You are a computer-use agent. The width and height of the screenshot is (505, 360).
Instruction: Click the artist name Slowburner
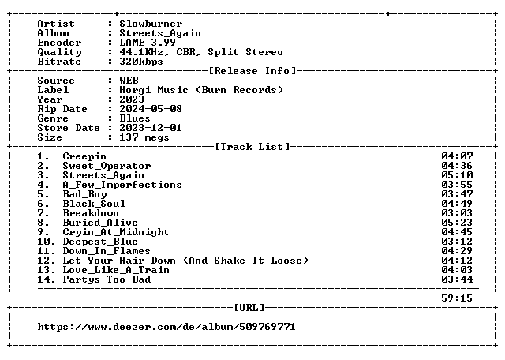point(151,24)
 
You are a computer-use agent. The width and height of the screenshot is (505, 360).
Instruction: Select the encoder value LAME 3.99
point(148,43)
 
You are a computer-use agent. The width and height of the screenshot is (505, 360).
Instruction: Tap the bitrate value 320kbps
point(141,62)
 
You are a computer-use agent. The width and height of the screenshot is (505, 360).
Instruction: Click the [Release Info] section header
point(252,71)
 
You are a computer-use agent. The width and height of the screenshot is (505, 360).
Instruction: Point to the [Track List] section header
point(252,147)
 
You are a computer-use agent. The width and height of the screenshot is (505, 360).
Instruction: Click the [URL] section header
point(249,308)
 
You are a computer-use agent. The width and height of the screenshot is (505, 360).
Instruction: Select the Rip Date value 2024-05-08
point(151,109)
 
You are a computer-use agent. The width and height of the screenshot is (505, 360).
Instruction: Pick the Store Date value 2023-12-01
point(151,128)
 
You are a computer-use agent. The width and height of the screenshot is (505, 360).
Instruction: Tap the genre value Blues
point(135,118)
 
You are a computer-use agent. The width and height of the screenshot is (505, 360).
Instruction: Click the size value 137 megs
point(144,137)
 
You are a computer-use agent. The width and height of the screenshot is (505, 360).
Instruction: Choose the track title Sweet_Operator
point(107,166)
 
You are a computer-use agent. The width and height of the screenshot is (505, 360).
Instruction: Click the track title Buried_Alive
point(100,223)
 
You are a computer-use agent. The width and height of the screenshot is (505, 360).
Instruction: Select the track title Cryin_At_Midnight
point(116,232)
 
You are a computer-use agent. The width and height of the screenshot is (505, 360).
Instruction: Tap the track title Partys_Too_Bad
point(107,279)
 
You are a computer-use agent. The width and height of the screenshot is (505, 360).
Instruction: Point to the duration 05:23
point(457,223)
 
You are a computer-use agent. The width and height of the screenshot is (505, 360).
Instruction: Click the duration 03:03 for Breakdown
point(457,213)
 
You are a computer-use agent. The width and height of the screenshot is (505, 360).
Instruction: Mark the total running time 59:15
point(457,298)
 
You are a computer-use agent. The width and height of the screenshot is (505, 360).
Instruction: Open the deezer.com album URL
point(166,327)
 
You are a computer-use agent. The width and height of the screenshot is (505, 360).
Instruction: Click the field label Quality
point(60,52)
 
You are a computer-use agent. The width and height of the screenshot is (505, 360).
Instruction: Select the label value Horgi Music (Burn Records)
point(201,90)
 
